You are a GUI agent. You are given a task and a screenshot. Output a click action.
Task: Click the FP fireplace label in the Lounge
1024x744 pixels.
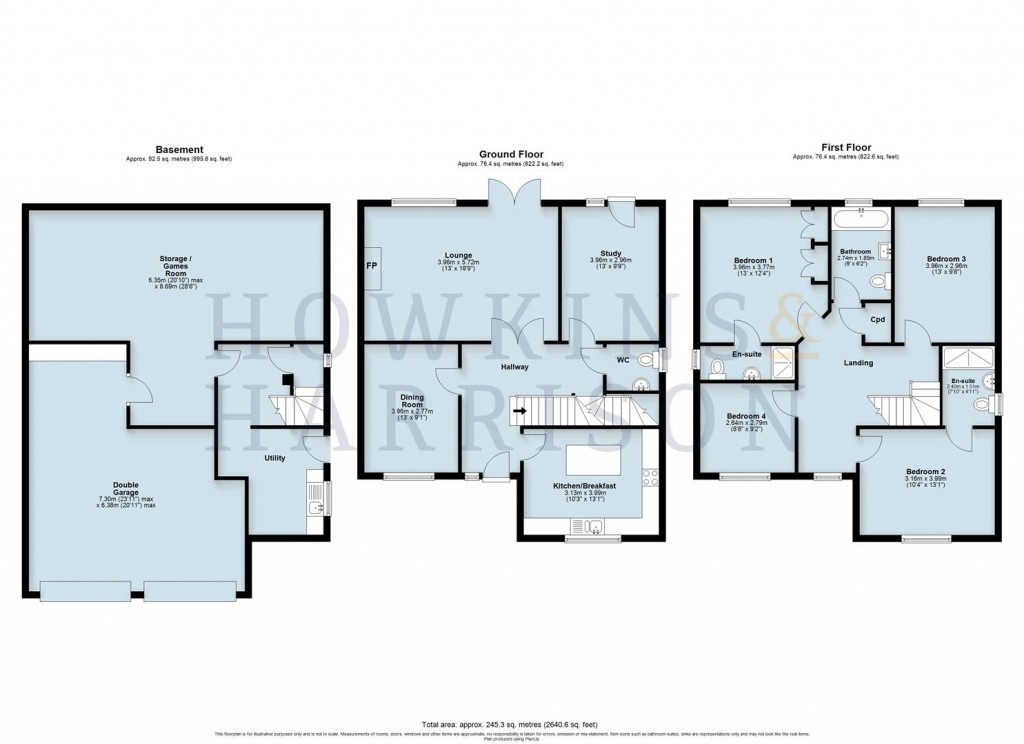372,267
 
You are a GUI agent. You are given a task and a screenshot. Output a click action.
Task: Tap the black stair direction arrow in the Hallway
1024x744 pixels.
518,409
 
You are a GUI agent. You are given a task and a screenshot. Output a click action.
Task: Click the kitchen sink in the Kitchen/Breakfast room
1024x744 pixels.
594,527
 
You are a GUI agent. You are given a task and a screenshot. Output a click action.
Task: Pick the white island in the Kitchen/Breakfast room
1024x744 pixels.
588,461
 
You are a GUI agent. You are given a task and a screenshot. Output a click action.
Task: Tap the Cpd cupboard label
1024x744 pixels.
877,320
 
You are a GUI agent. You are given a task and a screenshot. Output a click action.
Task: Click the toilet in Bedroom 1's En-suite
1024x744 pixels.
715,369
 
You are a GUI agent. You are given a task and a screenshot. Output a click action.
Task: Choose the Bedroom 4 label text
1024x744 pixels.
746,416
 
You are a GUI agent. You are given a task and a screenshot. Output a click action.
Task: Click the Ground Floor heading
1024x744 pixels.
510,154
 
